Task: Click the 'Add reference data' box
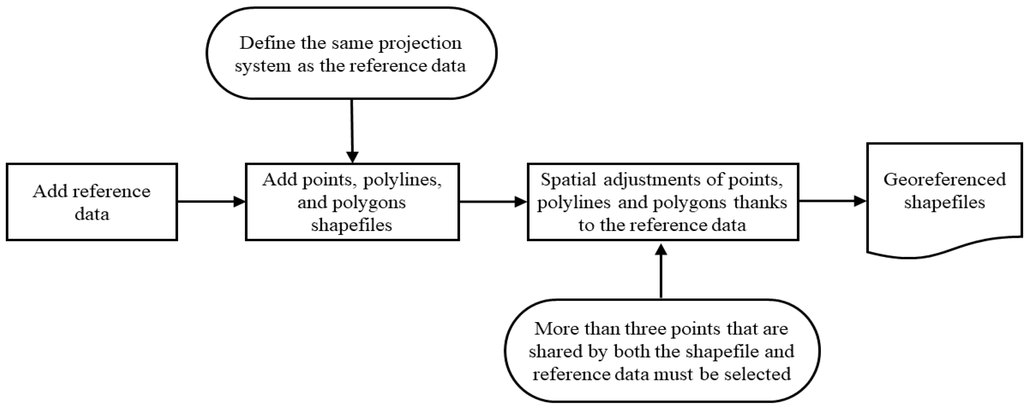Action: [x=92, y=202]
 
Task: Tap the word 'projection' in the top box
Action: [x=420, y=43]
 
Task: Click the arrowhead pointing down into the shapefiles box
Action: [x=352, y=157]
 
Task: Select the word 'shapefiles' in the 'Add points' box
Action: [x=352, y=225]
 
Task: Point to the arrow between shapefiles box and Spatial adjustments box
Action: [x=493, y=202]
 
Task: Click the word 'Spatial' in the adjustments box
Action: [x=568, y=179]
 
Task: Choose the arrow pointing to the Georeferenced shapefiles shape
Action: [x=832, y=201]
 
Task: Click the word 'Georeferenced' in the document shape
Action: [x=944, y=179]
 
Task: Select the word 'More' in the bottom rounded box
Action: [x=556, y=329]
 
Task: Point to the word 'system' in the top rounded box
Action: [x=262, y=66]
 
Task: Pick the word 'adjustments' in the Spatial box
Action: [x=653, y=179]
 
